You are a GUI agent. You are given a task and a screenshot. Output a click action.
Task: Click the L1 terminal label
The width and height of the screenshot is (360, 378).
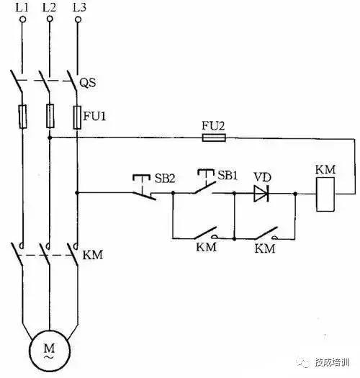coord(22,8)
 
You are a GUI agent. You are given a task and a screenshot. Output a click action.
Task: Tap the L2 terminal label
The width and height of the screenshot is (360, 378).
coord(49,8)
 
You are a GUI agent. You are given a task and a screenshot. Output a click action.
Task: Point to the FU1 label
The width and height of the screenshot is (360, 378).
coord(94,113)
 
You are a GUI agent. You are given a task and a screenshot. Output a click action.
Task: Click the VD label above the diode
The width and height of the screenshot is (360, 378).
coord(261,175)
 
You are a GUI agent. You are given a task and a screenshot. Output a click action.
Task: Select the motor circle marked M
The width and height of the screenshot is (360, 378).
coord(49,351)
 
